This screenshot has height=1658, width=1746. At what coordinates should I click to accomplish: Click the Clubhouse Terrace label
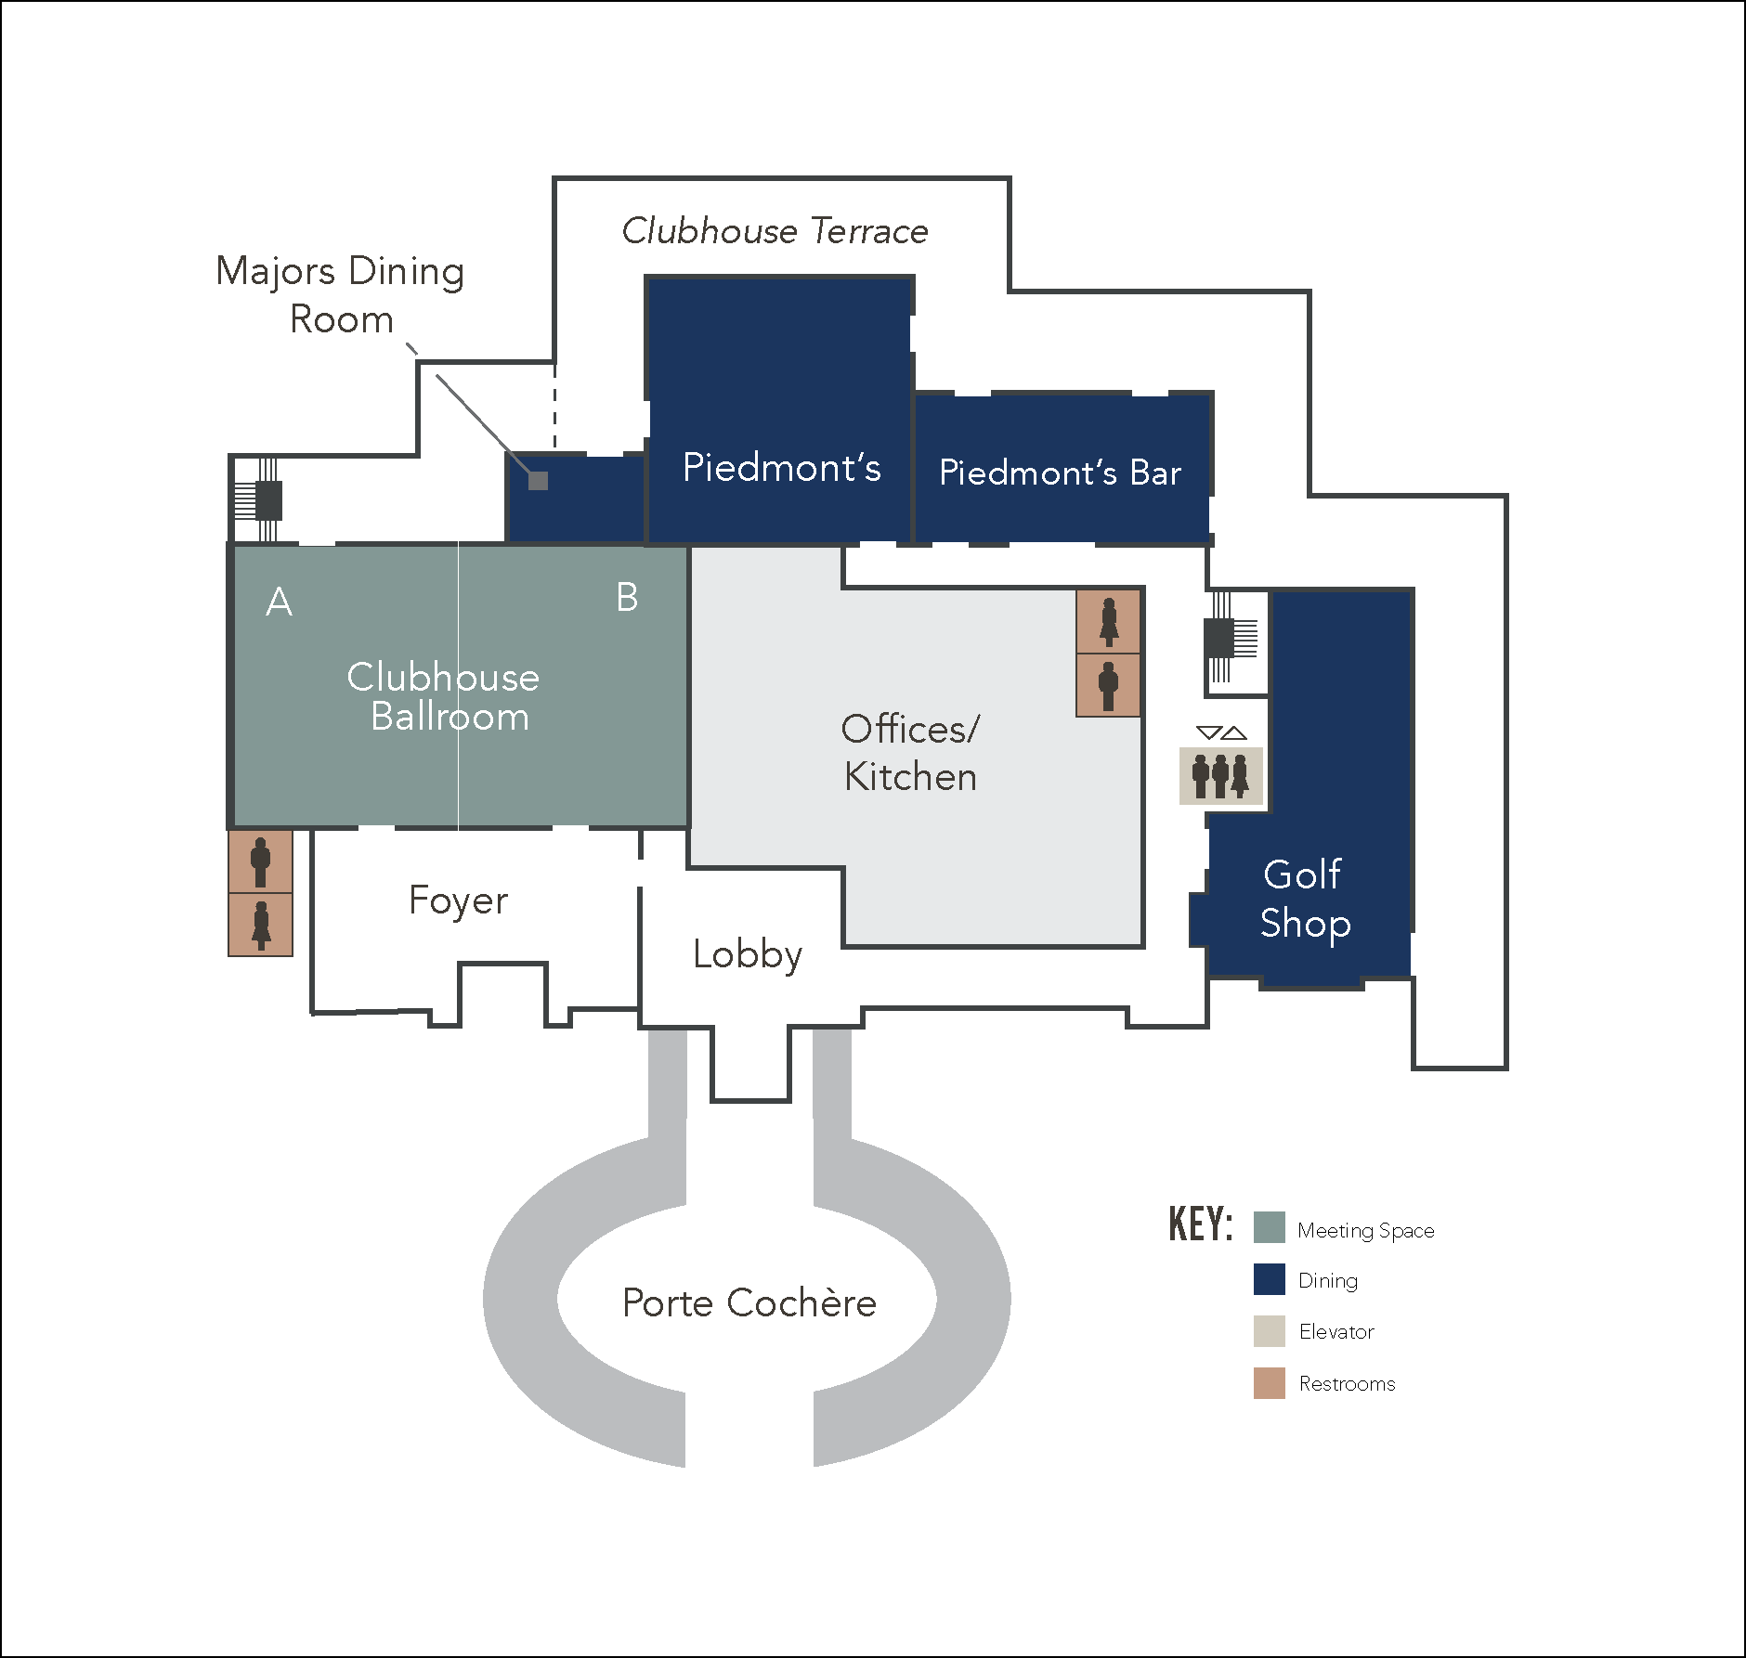pyautogui.click(x=775, y=231)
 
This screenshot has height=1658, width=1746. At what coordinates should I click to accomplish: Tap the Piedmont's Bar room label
pyautogui.click(x=1060, y=473)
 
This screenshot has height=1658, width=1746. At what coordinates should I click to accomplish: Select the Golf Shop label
pyautogui.click(x=1305, y=899)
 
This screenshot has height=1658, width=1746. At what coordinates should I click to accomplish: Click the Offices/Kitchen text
pyautogui.click(x=910, y=753)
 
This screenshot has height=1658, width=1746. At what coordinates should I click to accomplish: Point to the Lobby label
pyautogui.click(x=748, y=954)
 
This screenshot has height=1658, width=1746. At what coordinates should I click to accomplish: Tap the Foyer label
pyautogui.click(x=459, y=900)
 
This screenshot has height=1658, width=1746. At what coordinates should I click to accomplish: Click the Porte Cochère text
pyautogui.click(x=749, y=1302)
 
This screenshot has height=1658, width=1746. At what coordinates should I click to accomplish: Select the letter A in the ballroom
pyautogui.click(x=280, y=602)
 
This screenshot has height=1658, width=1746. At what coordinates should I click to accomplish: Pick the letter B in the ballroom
pyautogui.click(x=627, y=597)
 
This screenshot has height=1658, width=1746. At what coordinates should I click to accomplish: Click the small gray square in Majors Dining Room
pyautogui.click(x=538, y=481)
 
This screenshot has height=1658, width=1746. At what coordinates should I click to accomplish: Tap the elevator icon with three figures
pyautogui.click(x=1220, y=776)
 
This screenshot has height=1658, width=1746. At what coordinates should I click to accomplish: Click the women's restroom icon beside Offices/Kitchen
pyautogui.click(x=1108, y=621)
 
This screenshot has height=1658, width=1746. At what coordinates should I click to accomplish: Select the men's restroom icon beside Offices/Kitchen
pyautogui.click(x=1108, y=685)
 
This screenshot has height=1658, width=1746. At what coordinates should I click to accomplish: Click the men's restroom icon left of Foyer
pyautogui.click(x=261, y=861)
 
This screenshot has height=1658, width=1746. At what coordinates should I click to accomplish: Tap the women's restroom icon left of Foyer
pyautogui.click(x=261, y=925)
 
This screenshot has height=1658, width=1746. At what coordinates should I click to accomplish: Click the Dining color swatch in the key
pyautogui.click(x=1269, y=1279)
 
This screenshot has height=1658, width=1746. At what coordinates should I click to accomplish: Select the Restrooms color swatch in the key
pyautogui.click(x=1269, y=1382)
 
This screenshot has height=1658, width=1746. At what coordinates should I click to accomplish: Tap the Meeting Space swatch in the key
pyautogui.click(x=1269, y=1227)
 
